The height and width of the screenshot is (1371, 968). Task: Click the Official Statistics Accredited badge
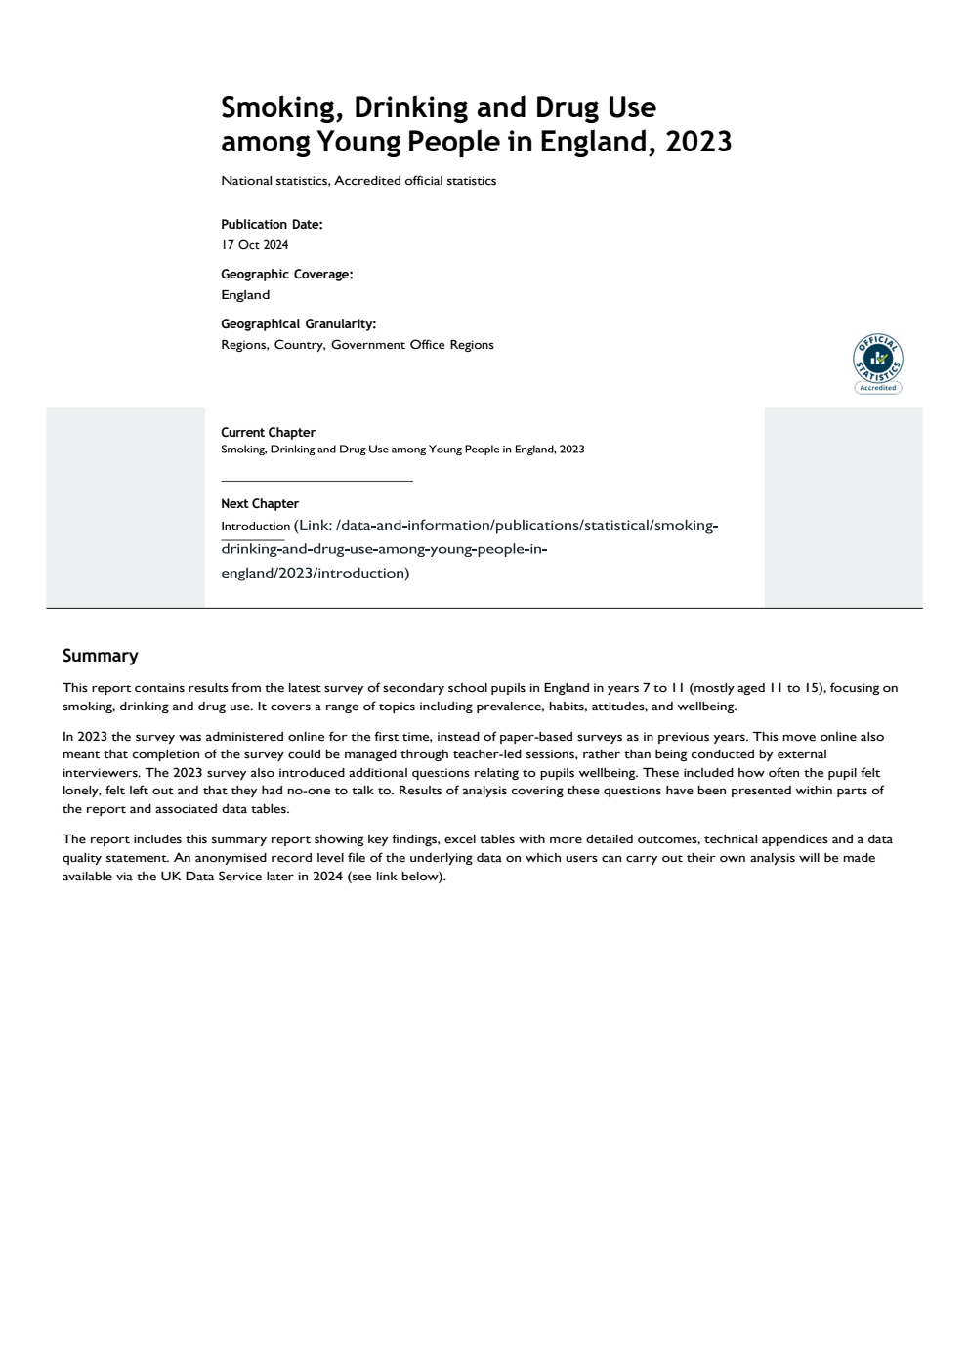coord(877,364)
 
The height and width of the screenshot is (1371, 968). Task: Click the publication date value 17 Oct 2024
coord(254,245)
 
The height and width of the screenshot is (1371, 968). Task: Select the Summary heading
coord(100,656)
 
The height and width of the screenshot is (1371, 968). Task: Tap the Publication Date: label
coord(272,225)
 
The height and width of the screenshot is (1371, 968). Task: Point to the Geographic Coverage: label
coord(286,275)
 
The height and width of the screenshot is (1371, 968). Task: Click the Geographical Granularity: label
coord(298,324)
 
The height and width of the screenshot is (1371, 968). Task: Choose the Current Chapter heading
coord(268,433)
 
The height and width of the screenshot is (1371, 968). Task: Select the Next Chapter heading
coord(260,504)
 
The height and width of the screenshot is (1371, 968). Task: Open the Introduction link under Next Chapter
coord(255,527)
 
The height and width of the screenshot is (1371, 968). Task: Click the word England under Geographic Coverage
coord(245,295)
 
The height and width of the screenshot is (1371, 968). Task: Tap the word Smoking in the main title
coord(282,107)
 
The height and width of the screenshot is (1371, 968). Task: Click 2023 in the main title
coord(698,143)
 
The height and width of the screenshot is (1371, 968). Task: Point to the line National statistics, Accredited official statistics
coord(358,181)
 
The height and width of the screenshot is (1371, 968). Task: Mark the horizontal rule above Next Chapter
coord(316,481)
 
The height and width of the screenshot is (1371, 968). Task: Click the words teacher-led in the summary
coord(487,754)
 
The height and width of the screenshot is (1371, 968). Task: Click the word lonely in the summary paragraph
coord(81,791)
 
